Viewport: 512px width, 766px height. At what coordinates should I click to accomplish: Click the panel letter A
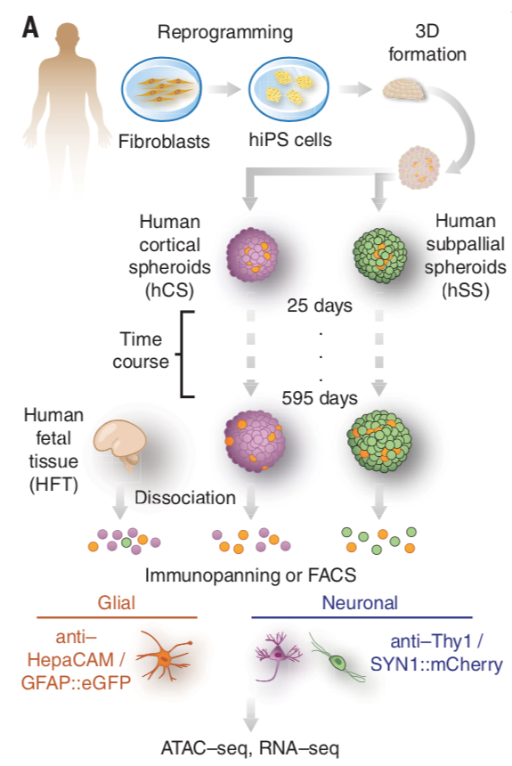point(30,28)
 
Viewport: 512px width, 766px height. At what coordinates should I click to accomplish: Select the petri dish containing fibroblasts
point(162,90)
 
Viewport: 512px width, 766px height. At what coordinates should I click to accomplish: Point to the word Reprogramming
point(225,32)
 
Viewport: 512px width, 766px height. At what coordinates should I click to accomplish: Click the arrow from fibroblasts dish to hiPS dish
point(224,89)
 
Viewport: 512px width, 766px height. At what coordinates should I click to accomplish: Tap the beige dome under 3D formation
point(403,90)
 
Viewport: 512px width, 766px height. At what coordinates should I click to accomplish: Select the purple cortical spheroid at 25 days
point(252,255)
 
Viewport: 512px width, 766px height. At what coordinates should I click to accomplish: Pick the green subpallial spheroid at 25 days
point(379,255)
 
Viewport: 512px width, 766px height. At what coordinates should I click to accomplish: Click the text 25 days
point(320,306)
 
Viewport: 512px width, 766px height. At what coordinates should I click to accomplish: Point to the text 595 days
point(320,398)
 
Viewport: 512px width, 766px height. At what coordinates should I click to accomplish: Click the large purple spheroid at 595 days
point(254,441)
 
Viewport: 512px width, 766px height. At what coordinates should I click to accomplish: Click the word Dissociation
point(185,497)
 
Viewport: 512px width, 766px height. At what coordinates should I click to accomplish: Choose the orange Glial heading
point(117,602)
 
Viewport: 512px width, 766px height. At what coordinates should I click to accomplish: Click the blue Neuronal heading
point(360,602)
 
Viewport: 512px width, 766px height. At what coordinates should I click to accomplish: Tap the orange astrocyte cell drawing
point(164,657)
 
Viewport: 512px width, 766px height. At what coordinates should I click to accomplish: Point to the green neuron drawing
point(337,657)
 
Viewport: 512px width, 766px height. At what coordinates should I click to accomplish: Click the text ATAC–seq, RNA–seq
point(249,748)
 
